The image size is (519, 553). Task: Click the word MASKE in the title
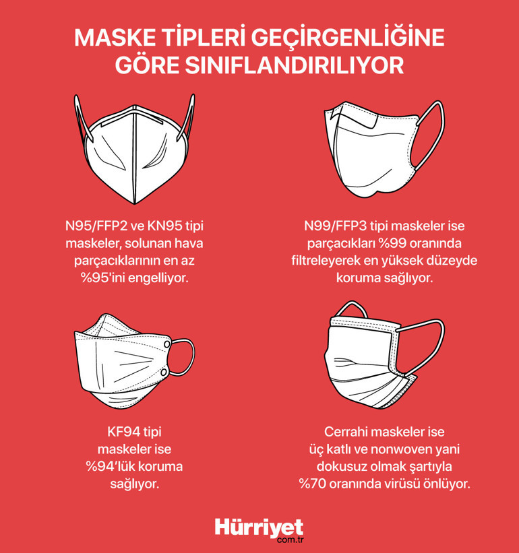point(111,38)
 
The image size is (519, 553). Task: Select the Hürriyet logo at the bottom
point(259,527)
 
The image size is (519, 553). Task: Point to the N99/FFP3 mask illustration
point(377,148)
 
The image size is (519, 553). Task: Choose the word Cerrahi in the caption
point(350,431)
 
